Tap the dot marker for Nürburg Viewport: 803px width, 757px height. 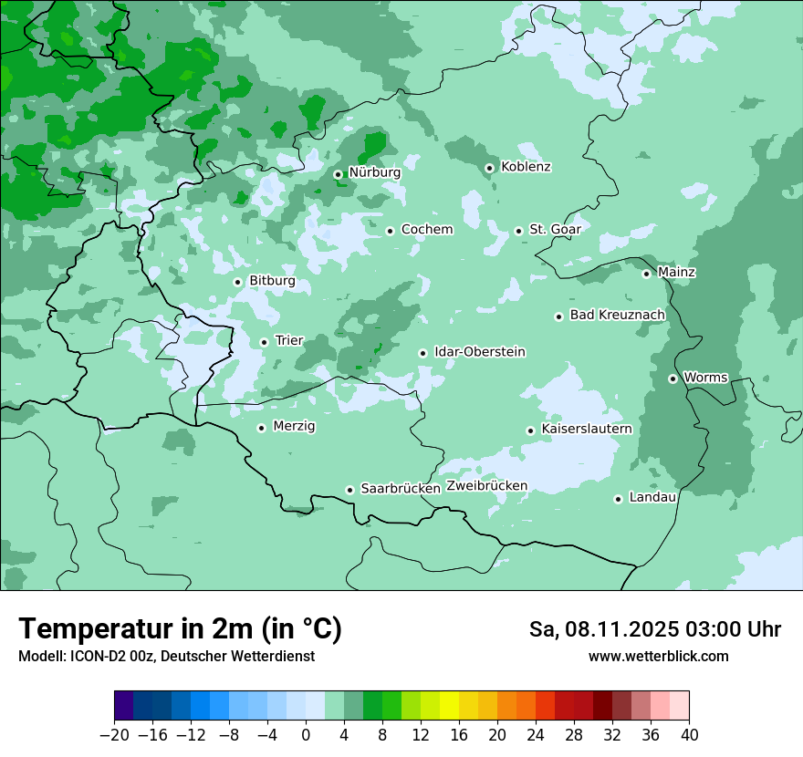pyautogui.click(x=338, y=174)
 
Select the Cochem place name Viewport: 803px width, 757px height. pyautogui.click(x=426, y=230)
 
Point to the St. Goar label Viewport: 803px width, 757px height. pyautogui.click(x=555, y=230)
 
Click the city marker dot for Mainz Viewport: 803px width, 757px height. pyautogui.click(x=646, y=274)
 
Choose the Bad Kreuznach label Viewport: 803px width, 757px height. pyautogui.click(x=617, y=316)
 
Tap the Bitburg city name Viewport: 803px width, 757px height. pyautogui.click(x=272, y=281)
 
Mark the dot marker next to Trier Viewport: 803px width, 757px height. pyautogui.click(x=264, y=342)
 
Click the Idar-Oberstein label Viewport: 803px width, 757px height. pyautogui.click(x=479, y=352)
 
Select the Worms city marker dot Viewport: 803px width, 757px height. pyautogui.click(x=673, y=378)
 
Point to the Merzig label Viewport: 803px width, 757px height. pyautogui.click(x=294, y=426)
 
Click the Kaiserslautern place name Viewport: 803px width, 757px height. pyautogui.click(x=586, y=429)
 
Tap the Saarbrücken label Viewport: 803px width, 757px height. pyautogui.click(x=401, y=489)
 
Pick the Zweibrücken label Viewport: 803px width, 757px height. pyautogui.click(x=486, y=486)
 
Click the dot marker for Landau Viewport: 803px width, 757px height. pyautogui.click(x=618, y=499)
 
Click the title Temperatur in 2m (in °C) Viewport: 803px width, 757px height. pyautogui.click(x=180, y=629)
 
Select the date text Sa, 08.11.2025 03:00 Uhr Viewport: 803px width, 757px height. pyautogui.click(x=654, y=629)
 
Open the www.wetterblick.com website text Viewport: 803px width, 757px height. pyautogui.click(x=658, y=657)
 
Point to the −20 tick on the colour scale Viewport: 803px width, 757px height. pyautogui.click(x=114, y=735)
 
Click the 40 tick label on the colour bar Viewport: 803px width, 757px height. pyautogui.click(x=689, y=735)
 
